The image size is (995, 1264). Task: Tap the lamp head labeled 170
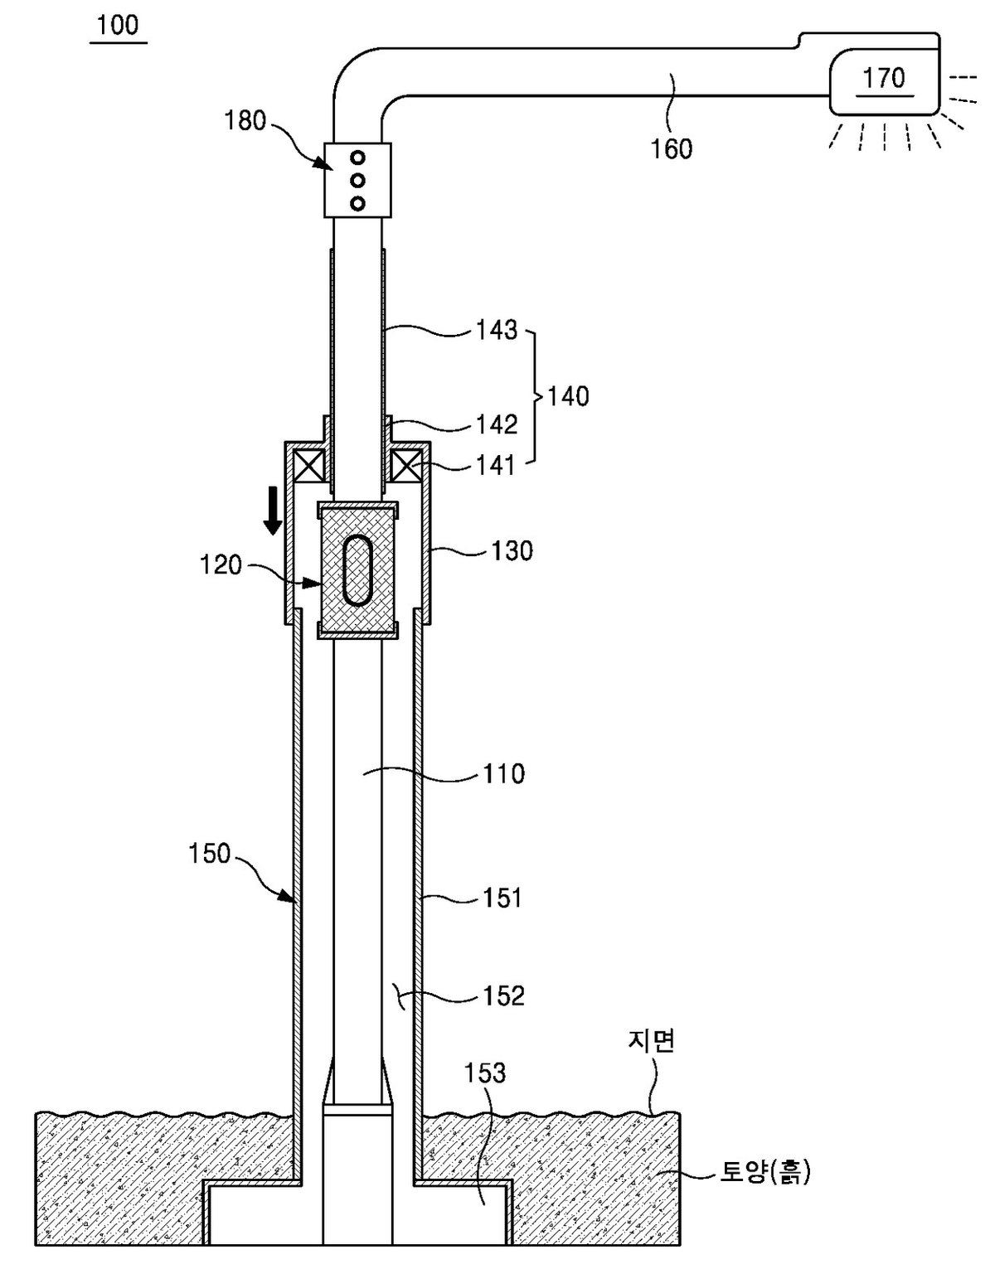coord(884,81)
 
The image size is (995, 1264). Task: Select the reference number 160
coord(671,148)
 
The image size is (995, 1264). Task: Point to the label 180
coord(245,120)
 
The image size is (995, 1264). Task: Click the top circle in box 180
coord(357,157)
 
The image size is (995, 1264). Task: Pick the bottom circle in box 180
coord(357,203)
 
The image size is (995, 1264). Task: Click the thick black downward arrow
coord(272,511)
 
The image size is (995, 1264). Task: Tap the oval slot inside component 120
coord(357,569)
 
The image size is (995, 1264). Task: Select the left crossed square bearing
coord(308,467)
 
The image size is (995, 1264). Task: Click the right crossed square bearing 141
coord(406,467)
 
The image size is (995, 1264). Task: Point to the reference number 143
coord(497,330)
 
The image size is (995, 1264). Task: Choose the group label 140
coord(568,396)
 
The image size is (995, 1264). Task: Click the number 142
coord(497,424)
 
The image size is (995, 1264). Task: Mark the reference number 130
coord(512,550)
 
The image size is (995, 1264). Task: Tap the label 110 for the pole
coord(503,773)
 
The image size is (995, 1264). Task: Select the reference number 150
coord(210,853)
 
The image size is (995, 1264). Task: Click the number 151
coord(502,898)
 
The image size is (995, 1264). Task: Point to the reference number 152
coord(503,995)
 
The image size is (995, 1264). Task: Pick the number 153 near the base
coord(485,1073)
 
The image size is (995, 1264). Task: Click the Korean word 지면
coord(651,1041)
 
